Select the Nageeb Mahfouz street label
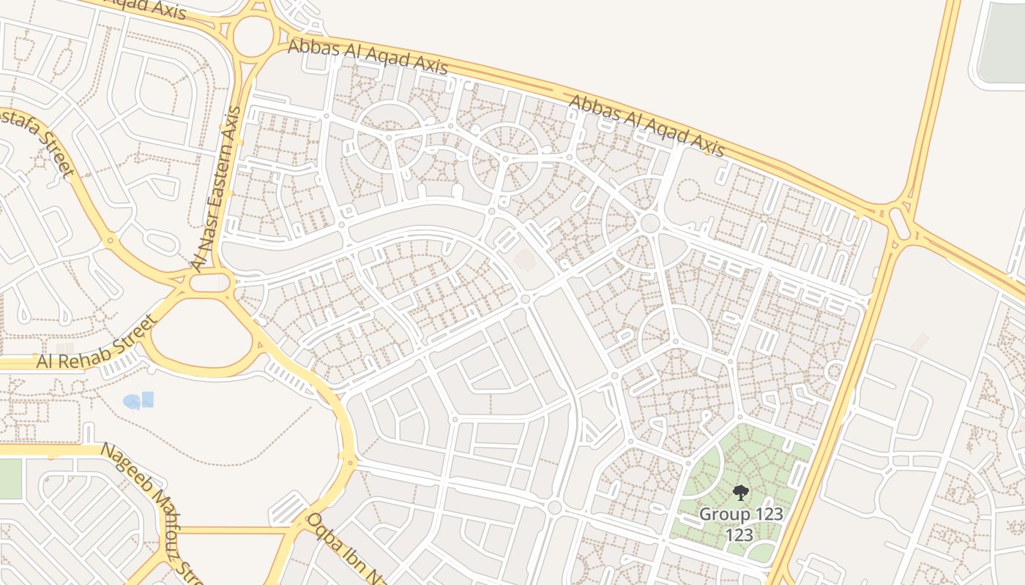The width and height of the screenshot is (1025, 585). (x=151, y=507)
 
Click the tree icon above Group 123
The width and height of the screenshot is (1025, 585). (x=741, y=492)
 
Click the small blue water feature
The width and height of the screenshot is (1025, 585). (x=139, y=401)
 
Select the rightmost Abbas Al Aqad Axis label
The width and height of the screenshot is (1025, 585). (x=646, y=126)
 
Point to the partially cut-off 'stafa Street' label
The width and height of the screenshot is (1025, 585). (x=37, y=143)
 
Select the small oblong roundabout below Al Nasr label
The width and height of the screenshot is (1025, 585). (x=210, y=282)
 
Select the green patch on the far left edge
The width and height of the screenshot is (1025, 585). (x=10, y=479)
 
